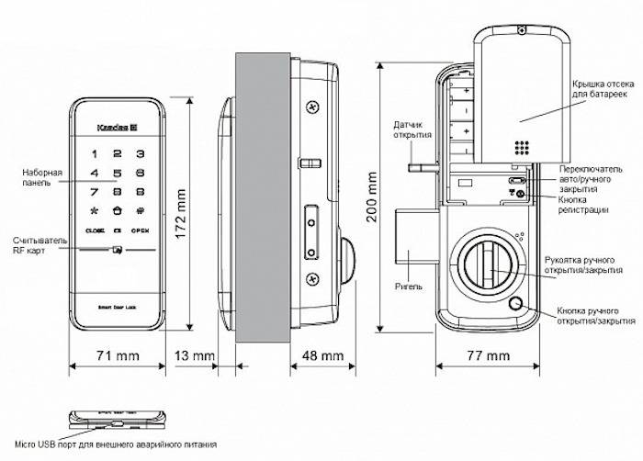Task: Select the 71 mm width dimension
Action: [x=116, y=355]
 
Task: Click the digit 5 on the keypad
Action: [x=117, y=172]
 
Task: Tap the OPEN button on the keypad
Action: [x=140, y=229]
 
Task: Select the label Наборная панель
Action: [x=43, y=177]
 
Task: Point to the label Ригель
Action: [x=411, y=287]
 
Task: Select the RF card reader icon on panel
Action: [x=117, y=249]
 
